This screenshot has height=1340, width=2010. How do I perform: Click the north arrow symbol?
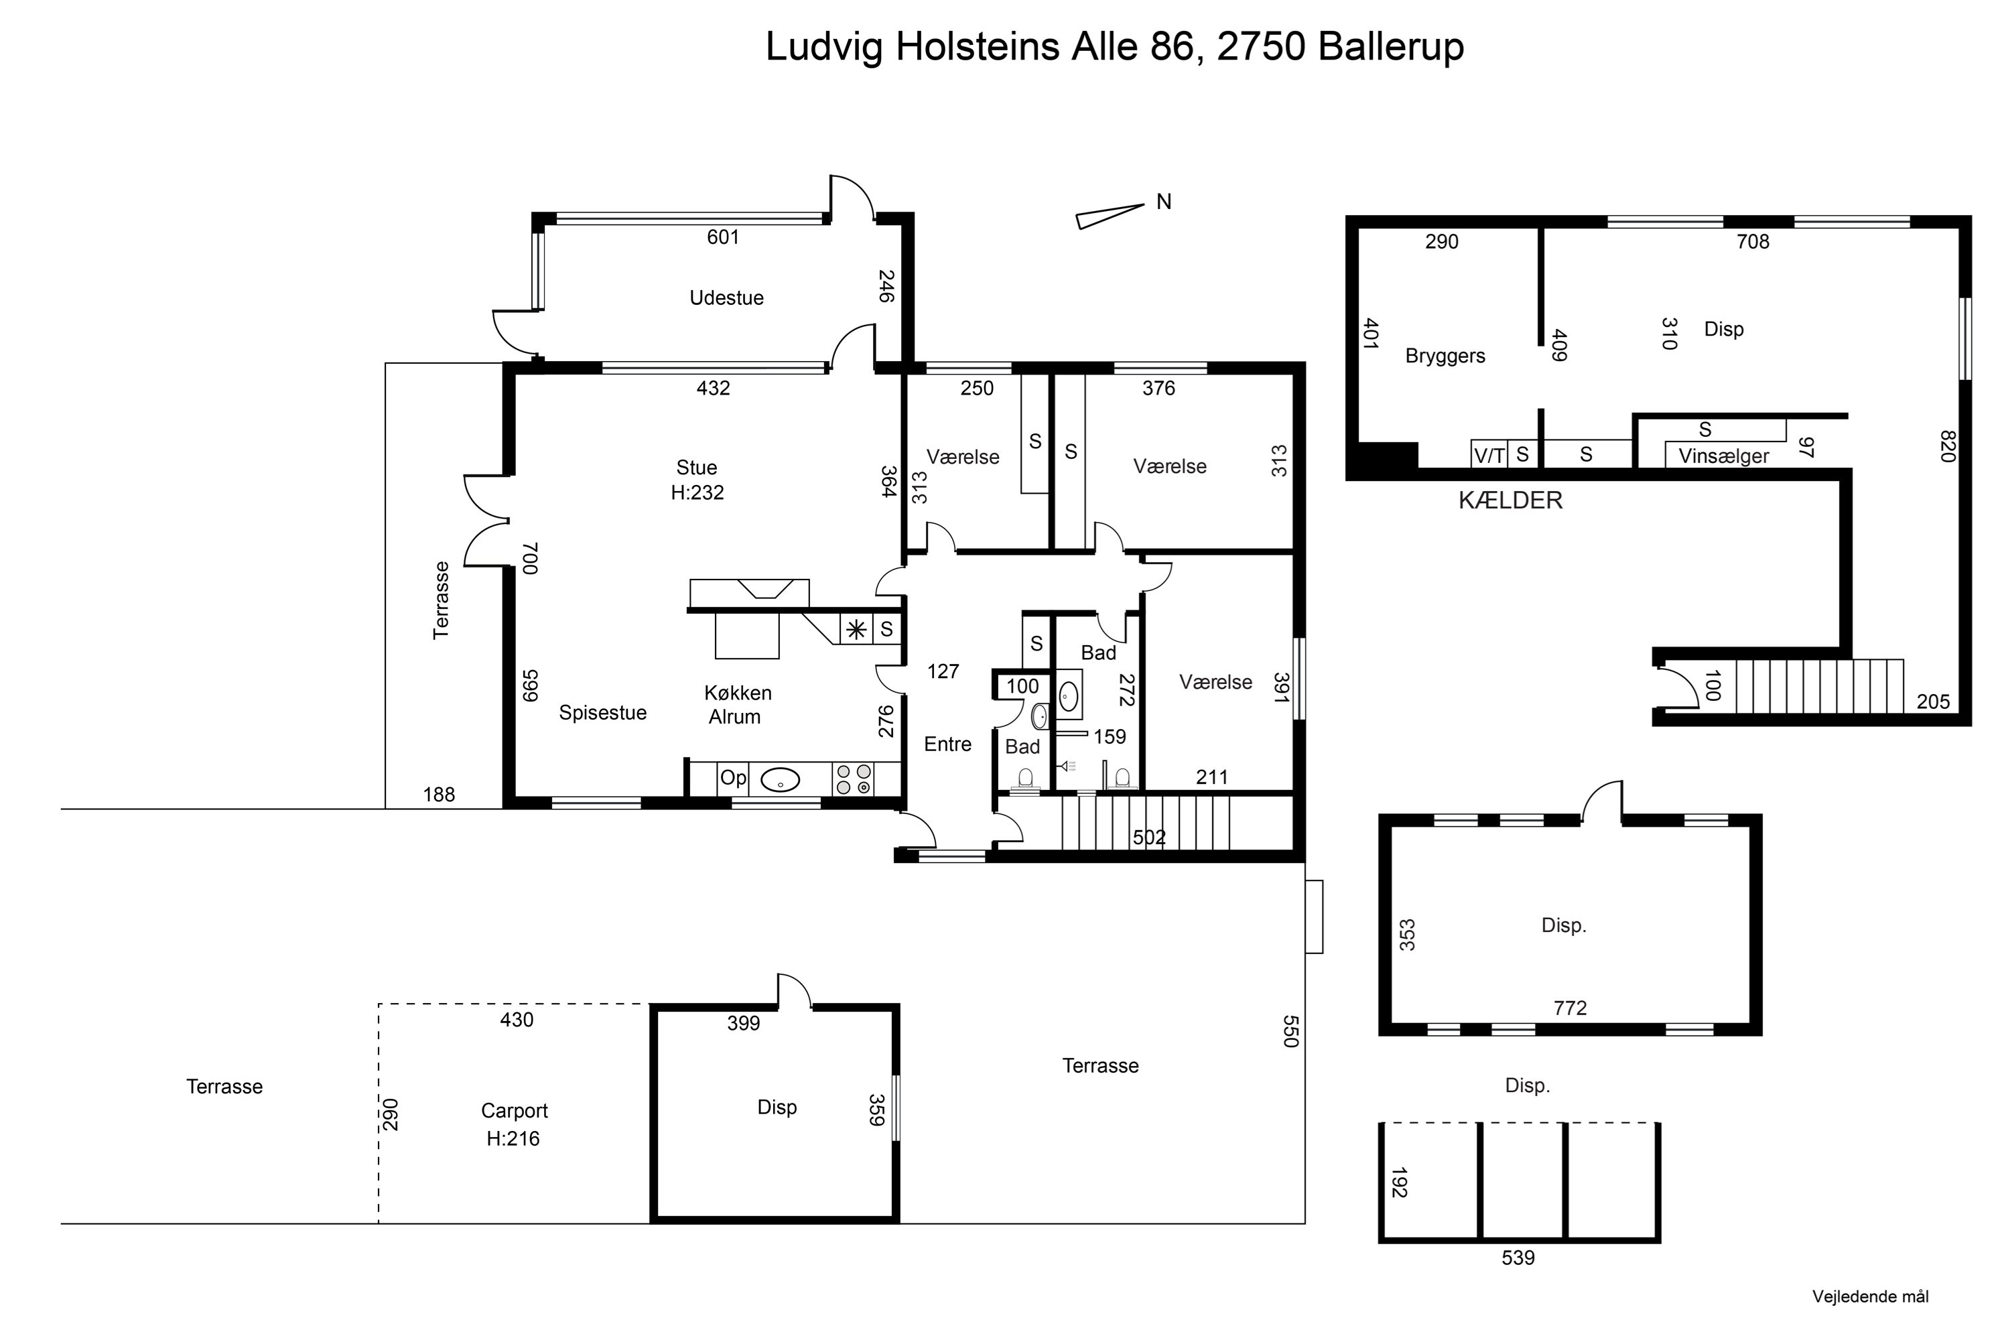coord(1110,216)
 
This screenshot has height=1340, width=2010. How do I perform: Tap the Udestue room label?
coord(726,298)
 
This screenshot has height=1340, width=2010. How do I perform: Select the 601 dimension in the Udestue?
coord(723,237)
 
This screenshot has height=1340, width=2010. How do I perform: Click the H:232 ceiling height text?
coord(697,493)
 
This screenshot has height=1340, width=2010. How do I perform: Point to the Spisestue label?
coord(602,713)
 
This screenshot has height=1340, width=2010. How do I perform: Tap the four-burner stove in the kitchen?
coord(853,779)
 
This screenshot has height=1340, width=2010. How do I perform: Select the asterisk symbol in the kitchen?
coord(856,630)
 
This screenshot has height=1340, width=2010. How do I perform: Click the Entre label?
coord(948,744)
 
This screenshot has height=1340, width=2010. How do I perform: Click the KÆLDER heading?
coord(1510,500)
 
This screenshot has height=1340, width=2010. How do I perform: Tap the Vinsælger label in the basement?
coord(1724,456)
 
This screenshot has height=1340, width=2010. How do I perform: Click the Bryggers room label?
coord(1445,356)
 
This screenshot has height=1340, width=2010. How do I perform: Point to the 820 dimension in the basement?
coord(1948,446)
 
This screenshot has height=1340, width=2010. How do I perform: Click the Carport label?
coord(515,1111)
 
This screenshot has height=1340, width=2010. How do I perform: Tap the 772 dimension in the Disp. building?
coord(1570,1008)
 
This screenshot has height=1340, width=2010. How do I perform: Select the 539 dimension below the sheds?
coord(1518,1258)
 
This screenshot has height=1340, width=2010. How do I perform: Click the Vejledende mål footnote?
coord(1871,1297)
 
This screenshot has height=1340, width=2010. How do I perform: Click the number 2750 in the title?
coord(1260,46)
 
